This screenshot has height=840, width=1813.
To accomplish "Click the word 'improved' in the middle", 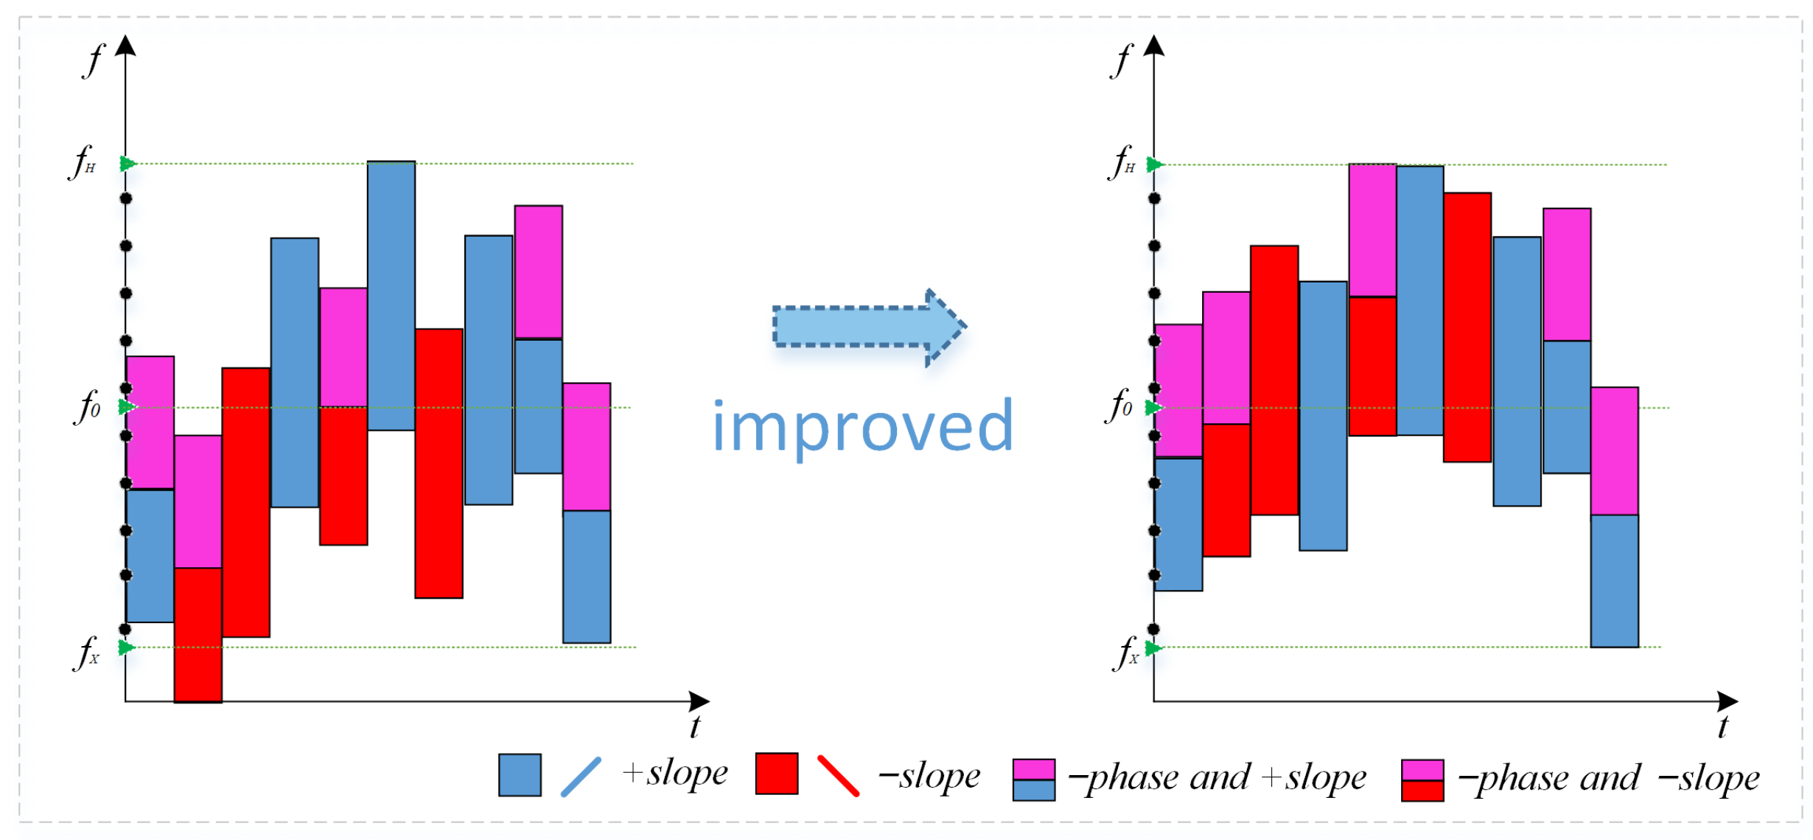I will pos(863,426).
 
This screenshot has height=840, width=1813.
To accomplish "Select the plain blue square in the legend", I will pos(520,774).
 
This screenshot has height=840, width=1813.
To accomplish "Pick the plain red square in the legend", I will pos(777,774).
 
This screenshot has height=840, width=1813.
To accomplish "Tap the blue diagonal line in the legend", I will pos(581,777).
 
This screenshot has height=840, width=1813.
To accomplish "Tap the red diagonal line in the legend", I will pos(838,776).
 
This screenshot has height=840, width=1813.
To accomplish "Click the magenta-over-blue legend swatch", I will pos(1034,780).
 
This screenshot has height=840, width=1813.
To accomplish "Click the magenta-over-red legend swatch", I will pos(1422,780).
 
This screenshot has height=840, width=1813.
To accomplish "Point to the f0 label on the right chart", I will pos(1118,406).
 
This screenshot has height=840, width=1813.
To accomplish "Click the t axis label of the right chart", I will pos(1722,726).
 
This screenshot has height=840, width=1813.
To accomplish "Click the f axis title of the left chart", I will pos(94,59).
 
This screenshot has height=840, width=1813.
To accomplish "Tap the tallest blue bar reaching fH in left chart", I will pos(391,295).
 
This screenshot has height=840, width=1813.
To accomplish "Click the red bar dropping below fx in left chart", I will pos(198,634).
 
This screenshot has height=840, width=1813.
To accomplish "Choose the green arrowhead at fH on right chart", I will pos(1154,164).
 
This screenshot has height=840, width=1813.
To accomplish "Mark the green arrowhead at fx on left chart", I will pos(127,648).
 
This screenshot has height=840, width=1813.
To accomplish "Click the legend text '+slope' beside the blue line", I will pos(675,773).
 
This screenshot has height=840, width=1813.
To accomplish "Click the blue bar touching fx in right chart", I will pos(1614,580).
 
